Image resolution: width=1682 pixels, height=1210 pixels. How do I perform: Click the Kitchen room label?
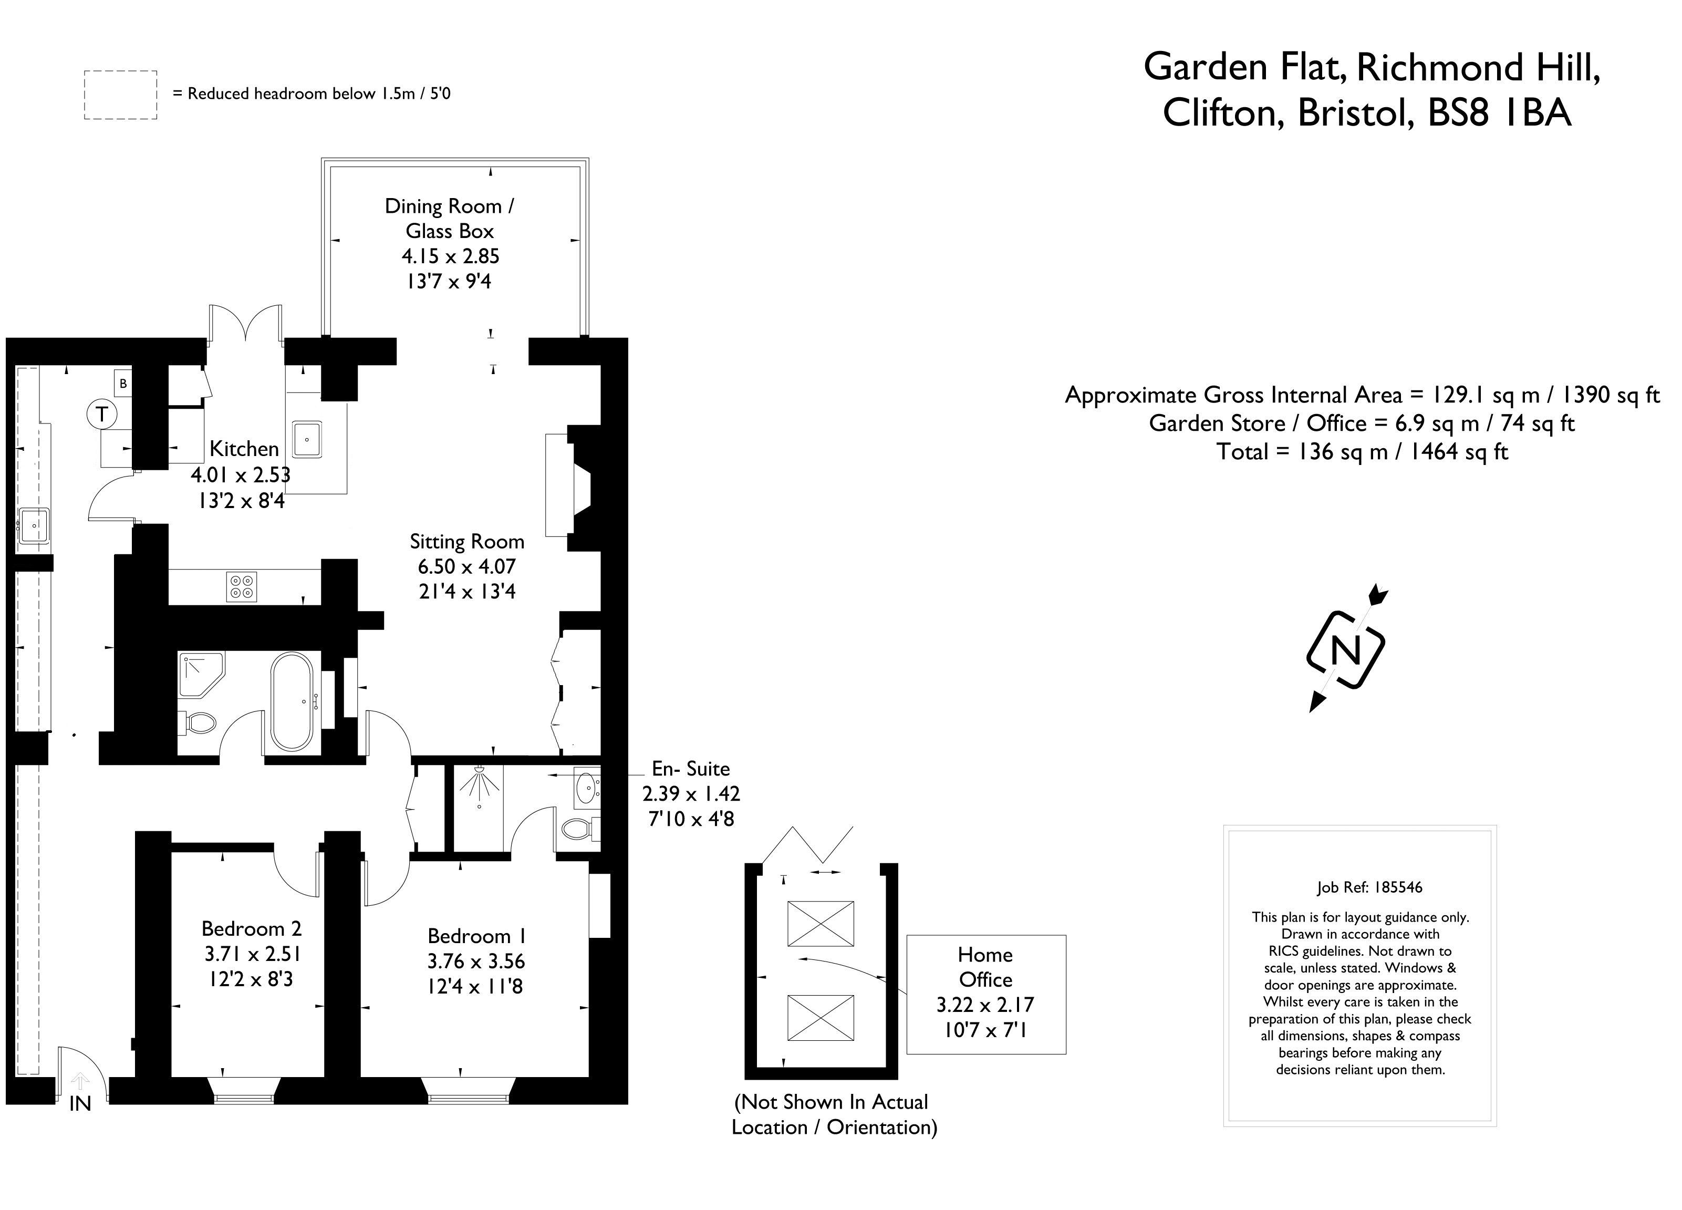tap(244, 449)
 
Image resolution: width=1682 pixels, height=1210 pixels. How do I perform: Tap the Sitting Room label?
tap(466, 542)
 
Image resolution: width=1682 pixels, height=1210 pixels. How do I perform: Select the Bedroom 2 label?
tap(252, 929)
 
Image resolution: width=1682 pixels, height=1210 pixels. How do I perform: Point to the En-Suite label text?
tap(690, 769)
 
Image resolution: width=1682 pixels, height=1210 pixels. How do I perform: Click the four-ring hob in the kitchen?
tap(241, 586)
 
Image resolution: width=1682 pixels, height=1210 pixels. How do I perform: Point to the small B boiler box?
tap(123, 384)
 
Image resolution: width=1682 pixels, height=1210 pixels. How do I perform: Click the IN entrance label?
tap(80, 1104)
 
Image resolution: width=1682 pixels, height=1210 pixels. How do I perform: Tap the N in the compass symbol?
tap(1346, 650)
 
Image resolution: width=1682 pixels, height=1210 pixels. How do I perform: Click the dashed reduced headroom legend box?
tap(120, 95)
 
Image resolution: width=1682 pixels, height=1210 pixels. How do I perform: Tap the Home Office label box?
tap(985, 994)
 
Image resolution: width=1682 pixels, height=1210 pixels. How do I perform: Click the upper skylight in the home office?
tap(820, 924)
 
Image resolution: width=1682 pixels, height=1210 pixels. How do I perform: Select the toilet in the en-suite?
tap(576, 828)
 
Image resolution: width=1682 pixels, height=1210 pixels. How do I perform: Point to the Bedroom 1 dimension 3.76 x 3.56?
tap(475, 961)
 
